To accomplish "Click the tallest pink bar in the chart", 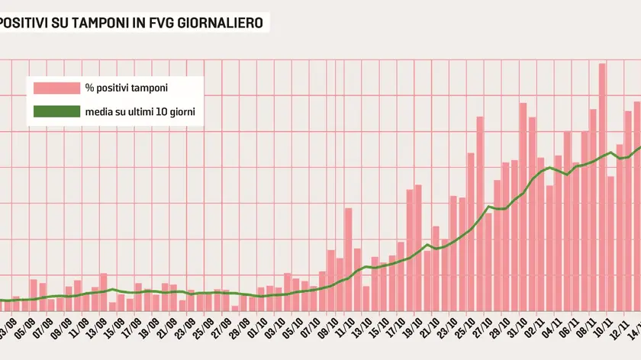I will (602, 183).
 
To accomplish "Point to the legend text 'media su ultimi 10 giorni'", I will (140, 111).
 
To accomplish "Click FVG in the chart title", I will (162, 23).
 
